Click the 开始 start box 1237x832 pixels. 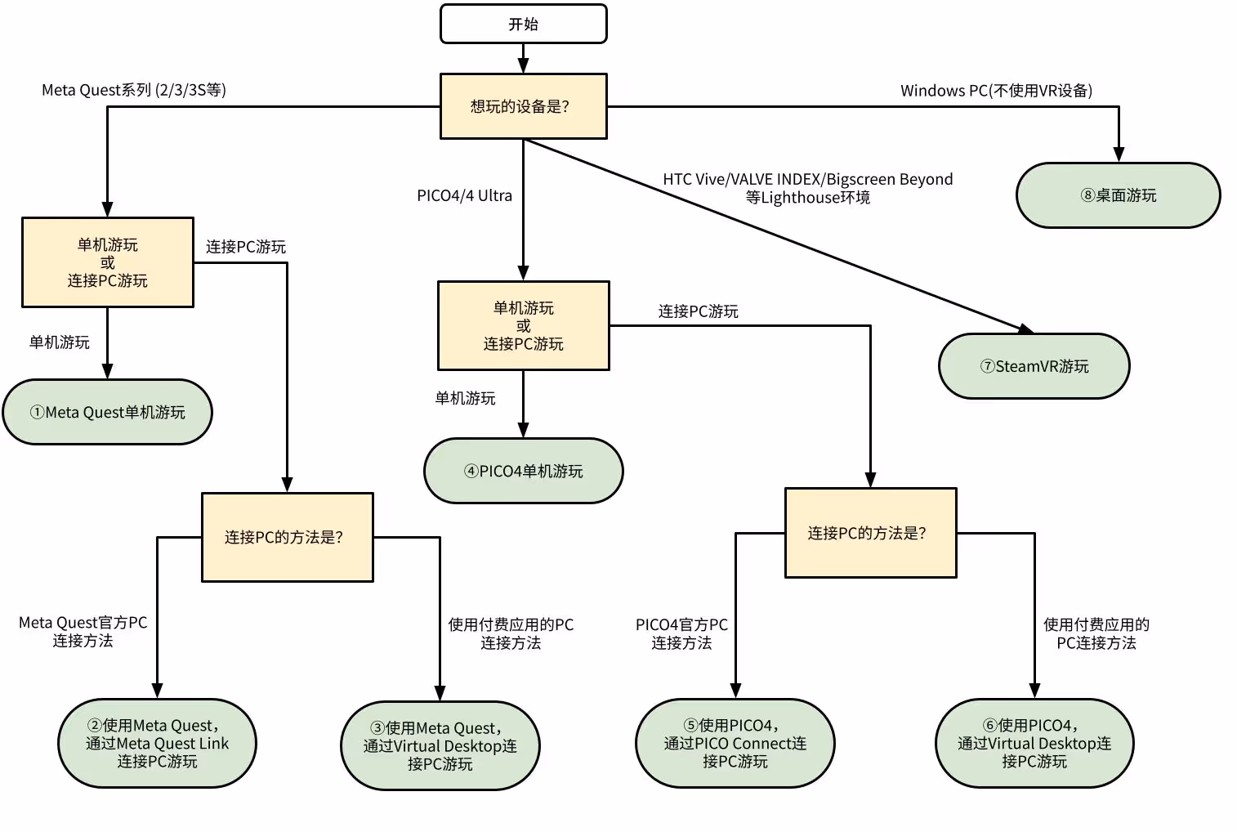523,24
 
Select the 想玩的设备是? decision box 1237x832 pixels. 523,106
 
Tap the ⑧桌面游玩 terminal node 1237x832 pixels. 1118,195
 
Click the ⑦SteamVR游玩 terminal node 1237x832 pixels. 1034,366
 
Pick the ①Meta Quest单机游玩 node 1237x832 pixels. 107,412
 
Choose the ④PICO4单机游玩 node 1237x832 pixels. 523,471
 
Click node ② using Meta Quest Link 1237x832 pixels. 157,743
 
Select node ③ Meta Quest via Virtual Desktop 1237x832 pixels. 440,745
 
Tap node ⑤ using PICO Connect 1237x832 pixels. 735,743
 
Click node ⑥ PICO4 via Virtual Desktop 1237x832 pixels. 1034,743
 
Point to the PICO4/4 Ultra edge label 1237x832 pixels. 464,195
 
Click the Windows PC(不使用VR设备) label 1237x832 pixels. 996,91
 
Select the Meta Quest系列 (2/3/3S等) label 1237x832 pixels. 134,90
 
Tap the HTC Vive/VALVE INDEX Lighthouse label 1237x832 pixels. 807,188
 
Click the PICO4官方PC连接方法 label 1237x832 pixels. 681,633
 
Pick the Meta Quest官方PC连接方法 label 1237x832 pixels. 83,631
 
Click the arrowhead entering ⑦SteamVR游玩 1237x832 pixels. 1025,329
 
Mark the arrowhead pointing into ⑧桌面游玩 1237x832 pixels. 1119,154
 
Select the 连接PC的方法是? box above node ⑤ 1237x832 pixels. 870,533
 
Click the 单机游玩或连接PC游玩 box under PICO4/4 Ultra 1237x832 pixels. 523,325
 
